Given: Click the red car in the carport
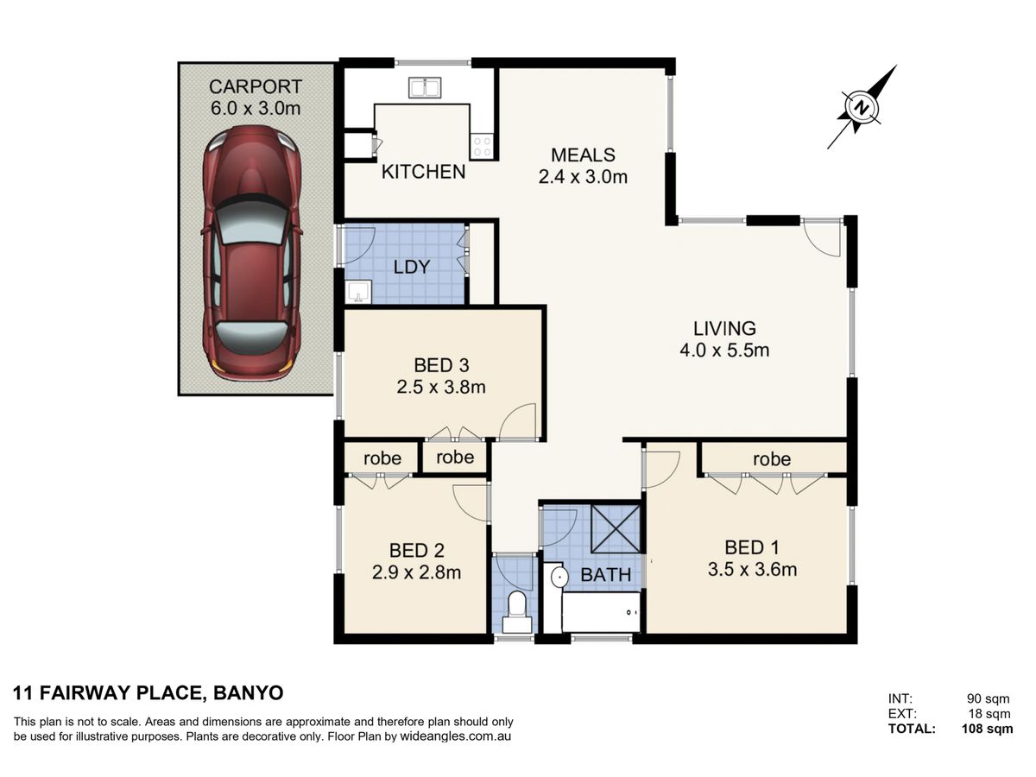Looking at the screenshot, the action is point(252,252).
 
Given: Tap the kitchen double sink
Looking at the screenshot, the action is point(424,88).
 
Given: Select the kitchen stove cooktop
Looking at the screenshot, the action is point(482,146).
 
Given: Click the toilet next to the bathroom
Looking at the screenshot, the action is point(516,612).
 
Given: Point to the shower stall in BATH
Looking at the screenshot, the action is point(616,529).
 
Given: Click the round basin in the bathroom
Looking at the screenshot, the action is point(560,577).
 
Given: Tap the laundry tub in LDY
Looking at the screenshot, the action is point(358,292).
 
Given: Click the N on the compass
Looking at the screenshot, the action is point(862,108).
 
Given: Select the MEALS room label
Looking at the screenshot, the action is point(583,155).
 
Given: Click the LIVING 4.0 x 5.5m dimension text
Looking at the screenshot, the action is point(724,351).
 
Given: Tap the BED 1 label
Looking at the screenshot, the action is point(752,547).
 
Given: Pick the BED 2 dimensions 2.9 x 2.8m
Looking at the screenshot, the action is point(416,572).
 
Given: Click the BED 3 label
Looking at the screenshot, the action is point(441,365).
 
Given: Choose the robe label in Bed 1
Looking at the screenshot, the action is point(772,459).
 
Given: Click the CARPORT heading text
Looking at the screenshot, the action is point(256,87).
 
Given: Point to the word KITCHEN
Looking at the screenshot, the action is point(423,172).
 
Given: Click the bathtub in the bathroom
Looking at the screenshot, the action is point(601,612).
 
